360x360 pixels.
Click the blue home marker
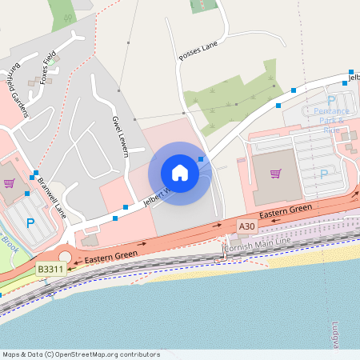pyautogui.click(x=180, y=172)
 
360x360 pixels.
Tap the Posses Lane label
pyautogui.click(x=198, y=50)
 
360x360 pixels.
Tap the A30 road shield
pyautogui.click(x=247, y=227)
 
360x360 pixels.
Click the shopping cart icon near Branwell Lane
pyautogui.click(x=9, y=182)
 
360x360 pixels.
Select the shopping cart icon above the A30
pyautogui.click(x=276, y=174)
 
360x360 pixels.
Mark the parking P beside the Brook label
pyautogui.click(x=30, y=224)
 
